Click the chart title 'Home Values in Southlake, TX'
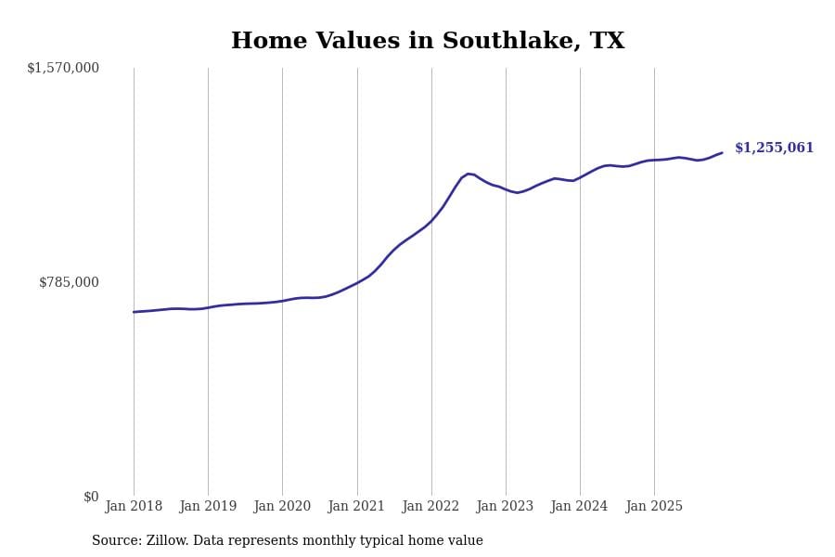coord(428,42)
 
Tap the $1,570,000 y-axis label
coord(63,68)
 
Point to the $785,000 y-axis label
coord(69,282)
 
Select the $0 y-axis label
coord(91,497)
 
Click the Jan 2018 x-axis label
coord(134,507)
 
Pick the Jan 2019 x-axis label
coord(208,507)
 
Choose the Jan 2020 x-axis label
coord(282,507)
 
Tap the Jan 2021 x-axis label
coord(357,507)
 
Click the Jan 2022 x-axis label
coord(431,507)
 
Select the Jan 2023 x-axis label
coord(506,507)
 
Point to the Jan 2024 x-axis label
coord(580,507)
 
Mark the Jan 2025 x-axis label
coord(654,507)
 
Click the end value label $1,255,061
coord(774,149)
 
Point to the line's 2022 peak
coord(469,174)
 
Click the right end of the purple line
coord(722,153)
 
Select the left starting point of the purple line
coord(134,312)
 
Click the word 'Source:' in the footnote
coord(116,541)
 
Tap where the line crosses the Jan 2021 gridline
coord(357,282)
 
